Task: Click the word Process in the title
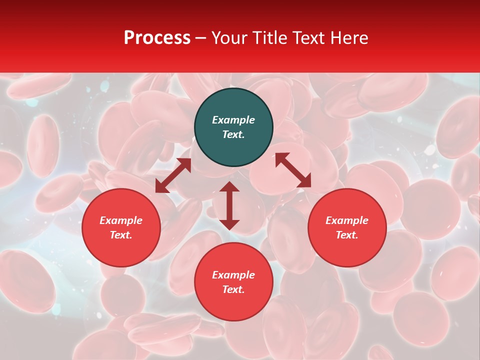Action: [x=157, y=38]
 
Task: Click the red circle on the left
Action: [x=121, y=227]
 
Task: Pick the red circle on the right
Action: [x=347, y=227]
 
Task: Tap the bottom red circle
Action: [x=233, y=282]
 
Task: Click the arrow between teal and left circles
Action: [x=173, y=175]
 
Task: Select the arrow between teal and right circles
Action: [x=293, y=170]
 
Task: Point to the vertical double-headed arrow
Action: [x=229, y=205]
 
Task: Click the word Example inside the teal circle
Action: [x=233, y=120]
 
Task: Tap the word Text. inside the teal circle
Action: [x=233, y=134]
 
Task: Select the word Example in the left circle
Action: [x=121, y=220]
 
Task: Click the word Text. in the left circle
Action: [x=121, y=235]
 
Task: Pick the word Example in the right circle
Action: [x=347, y=220]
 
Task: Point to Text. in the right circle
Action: [x=347, y=235]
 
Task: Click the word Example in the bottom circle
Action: [x=233, y=275]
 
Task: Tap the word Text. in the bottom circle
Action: [x=233, y=289]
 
